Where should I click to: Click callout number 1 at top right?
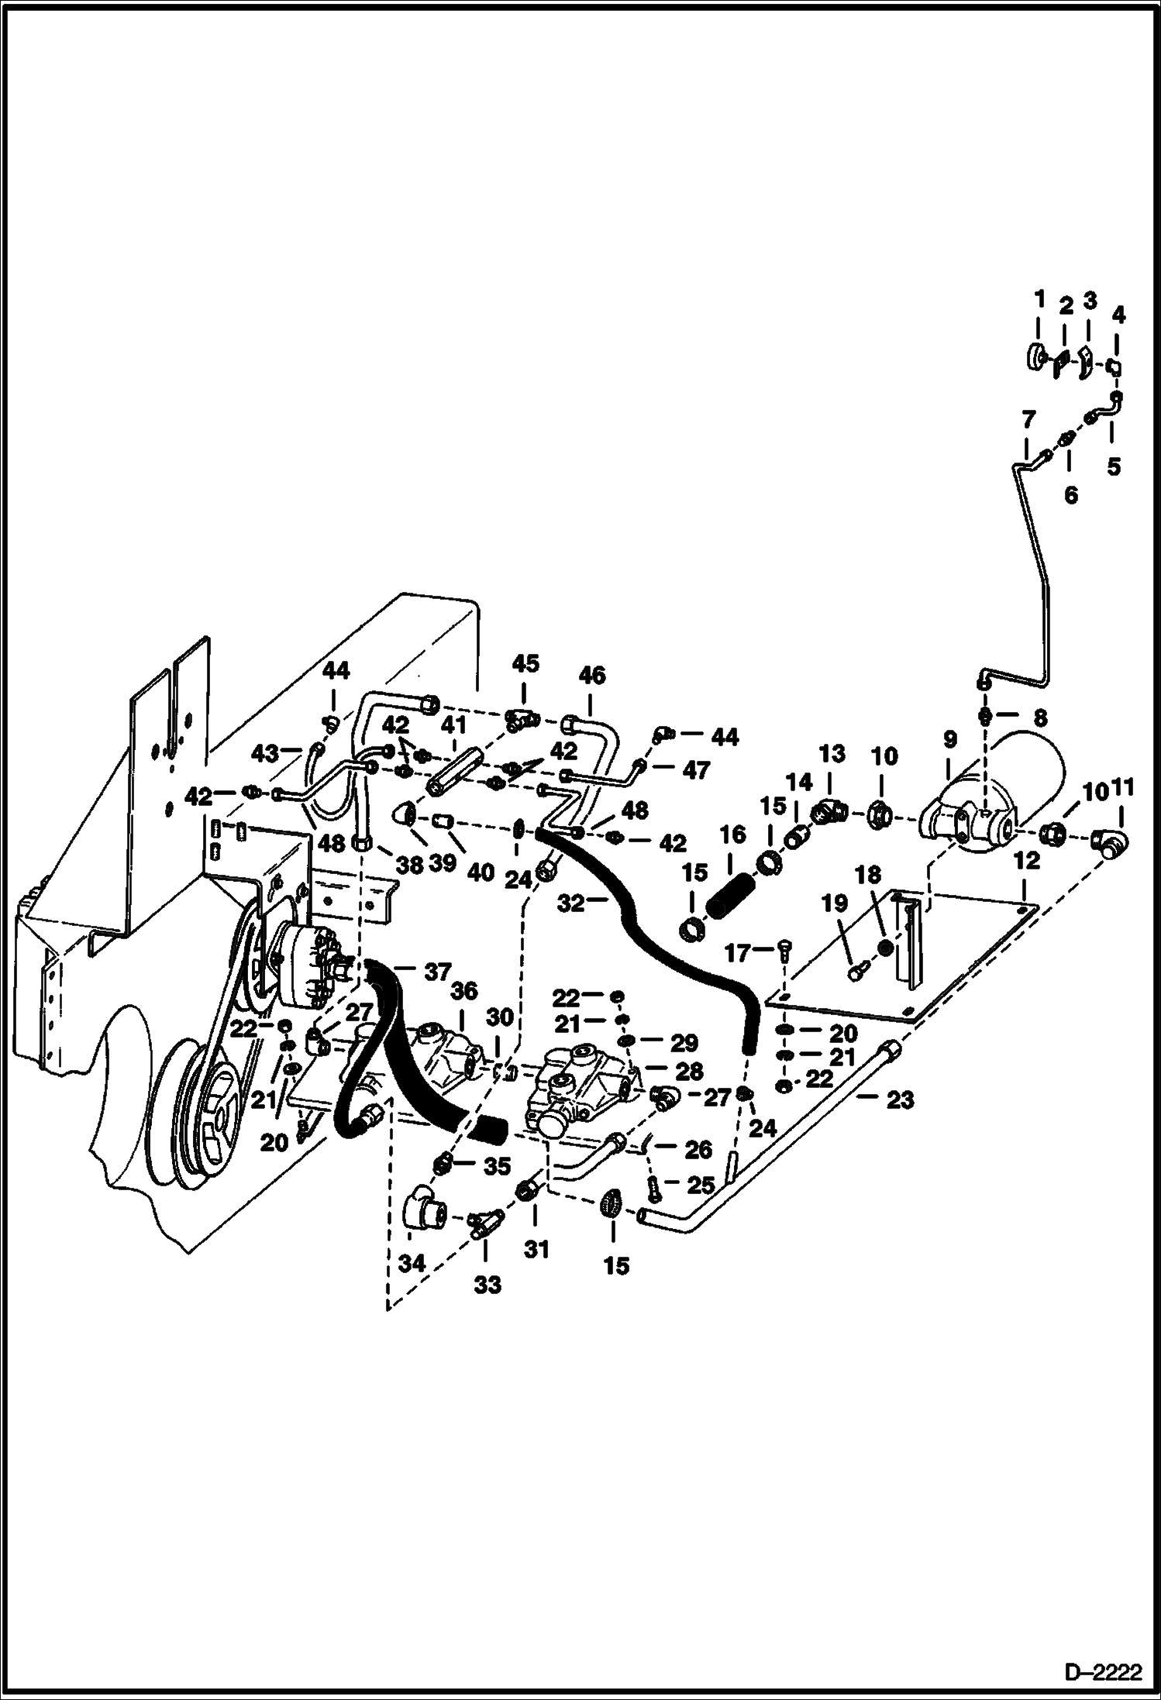click(1039, 298)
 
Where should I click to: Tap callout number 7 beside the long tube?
click(1028, 421)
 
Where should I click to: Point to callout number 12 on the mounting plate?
click(1027, 861)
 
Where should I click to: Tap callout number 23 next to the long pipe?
click(900, 1099)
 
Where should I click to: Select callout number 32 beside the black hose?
click(571, 903)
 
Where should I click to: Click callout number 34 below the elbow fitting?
click(412, 1264)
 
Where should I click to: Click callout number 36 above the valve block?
click(464, 991)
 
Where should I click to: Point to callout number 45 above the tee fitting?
click(525, 665)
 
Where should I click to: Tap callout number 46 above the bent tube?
click(592, 675)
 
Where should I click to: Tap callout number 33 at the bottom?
click(489, 1285)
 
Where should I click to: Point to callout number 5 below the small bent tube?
click(1113, 466)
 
